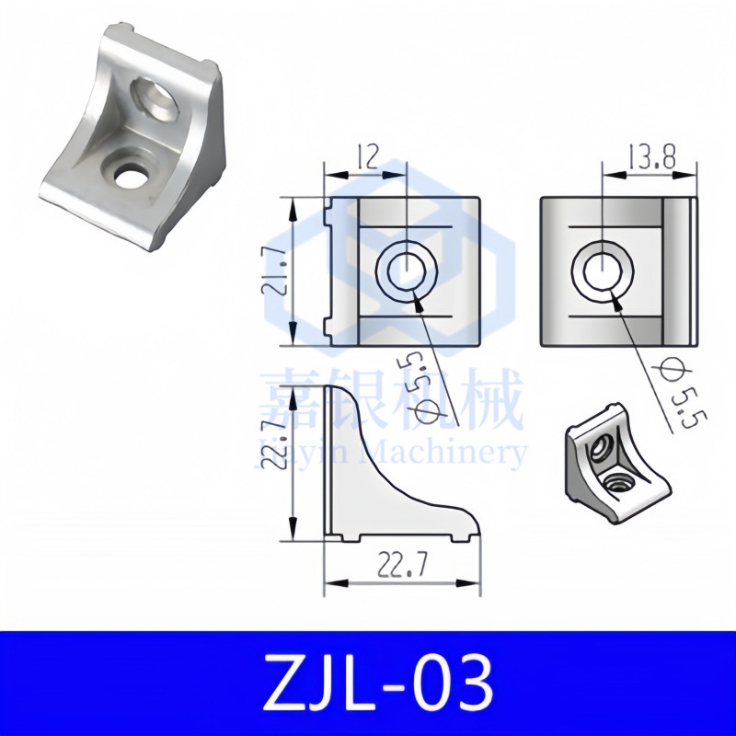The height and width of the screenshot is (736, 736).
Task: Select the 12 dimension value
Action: (x=368, y=158)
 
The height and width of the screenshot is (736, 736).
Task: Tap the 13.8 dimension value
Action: (x=650, y=157)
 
